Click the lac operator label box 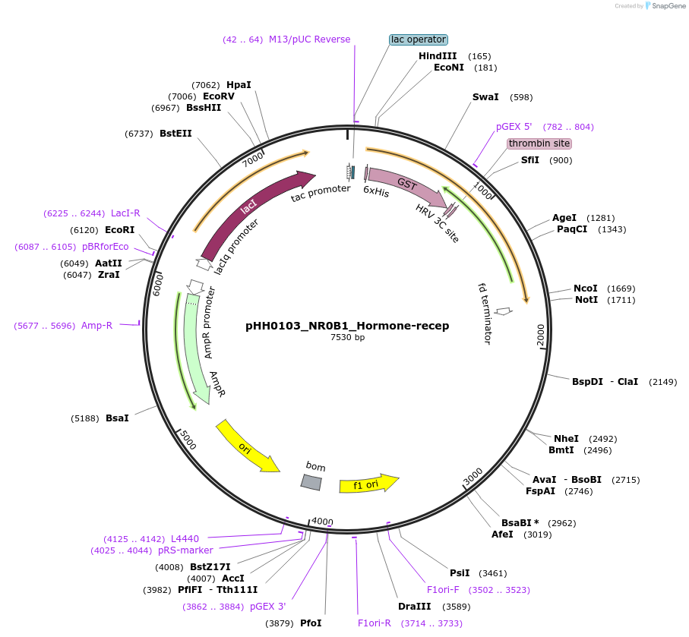point(418,39)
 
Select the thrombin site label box point(539,143)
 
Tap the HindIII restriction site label point(438,56)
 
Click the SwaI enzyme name point(485,97)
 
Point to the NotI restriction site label point(585,300)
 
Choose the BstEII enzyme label point(175,134)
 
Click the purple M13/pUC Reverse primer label point(309,39)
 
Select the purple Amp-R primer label point(96,326)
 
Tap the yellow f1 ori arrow point(368,484)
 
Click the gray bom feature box point(311,482)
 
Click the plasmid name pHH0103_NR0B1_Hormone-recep point(347,326)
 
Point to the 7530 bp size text point(347,337)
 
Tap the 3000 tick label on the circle point(473,477)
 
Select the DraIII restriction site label point(414,607)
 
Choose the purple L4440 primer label point(185,538)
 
